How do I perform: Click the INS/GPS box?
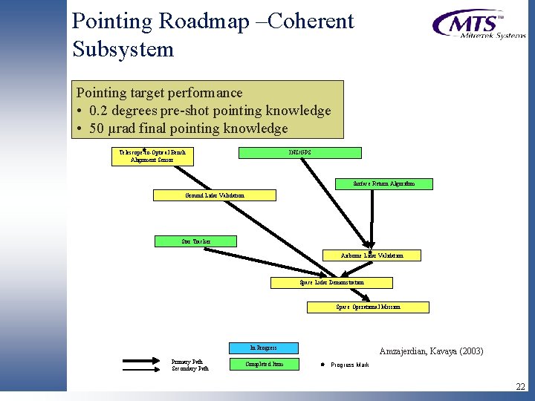click(x=300, y=153)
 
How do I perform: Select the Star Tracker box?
click(x=196, y=241)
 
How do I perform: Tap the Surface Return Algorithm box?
click(x=384, y=183)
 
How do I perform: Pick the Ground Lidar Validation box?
click(x=214, y=195)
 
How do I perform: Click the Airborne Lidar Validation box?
click(x=372, y=255)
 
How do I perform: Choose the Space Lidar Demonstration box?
click(x=331, y=283)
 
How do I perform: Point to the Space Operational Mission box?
click(x=368, y=307)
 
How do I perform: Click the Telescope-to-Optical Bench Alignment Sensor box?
click(x=152, y=156)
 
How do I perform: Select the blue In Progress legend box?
click(x=263, y=348)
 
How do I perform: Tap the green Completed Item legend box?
click(x=263, y=364)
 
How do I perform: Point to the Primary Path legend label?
click(x=187, y=362)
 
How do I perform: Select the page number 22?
click(x=519, y=387)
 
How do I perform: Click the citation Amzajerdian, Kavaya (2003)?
click(x=431, y=351)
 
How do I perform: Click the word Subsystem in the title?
click(x=123, y=50)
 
